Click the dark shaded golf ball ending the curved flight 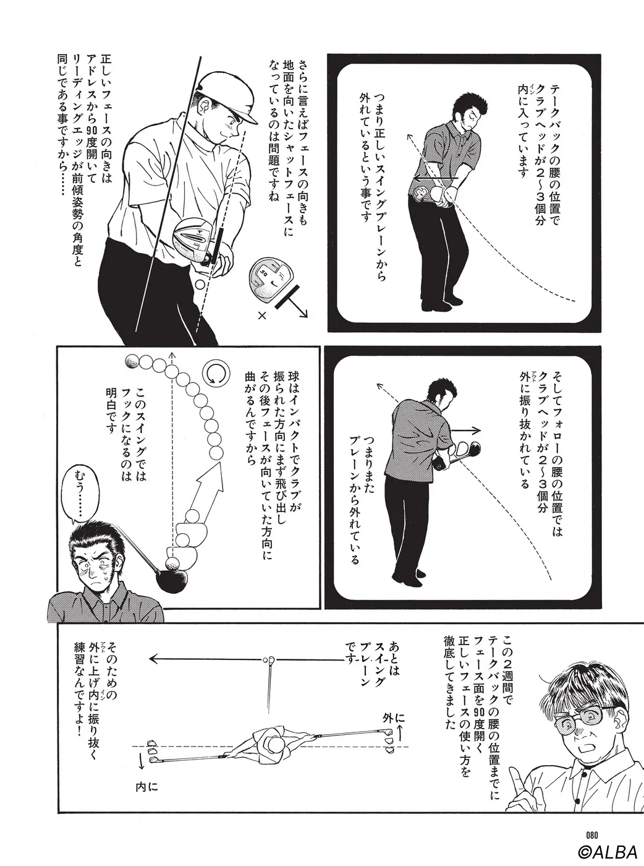(132, 361)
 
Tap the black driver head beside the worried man (172, 581)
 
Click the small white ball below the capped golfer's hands (200, 285)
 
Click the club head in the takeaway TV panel (423, 194)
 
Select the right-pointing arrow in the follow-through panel (465, 430)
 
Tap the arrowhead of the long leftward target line (153, 659)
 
